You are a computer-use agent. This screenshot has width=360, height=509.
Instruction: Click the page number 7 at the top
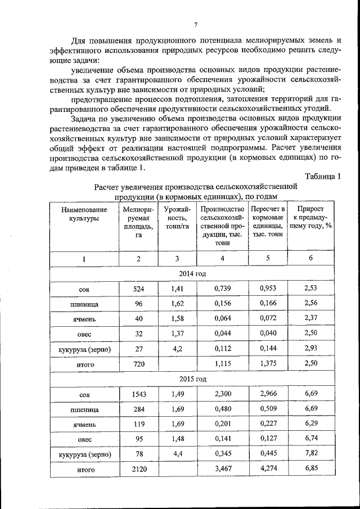point(195,24)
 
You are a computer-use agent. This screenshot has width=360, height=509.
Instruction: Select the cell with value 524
point(138,289)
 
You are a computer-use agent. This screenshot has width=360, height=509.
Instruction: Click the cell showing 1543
point(138,395)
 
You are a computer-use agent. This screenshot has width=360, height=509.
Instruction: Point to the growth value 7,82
point(311,453)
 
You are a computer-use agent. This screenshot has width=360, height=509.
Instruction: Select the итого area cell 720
point(138,364)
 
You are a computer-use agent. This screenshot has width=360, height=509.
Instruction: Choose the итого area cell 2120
point(138,469)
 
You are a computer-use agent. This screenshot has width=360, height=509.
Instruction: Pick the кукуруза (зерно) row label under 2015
point(84,454)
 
